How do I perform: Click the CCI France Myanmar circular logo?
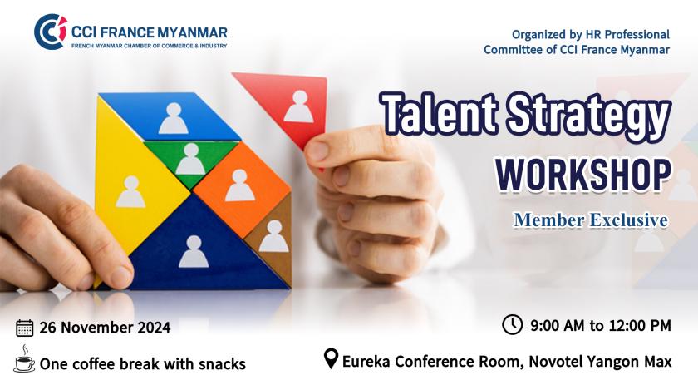coord(51,32)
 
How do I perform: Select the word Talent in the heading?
coord(440,112)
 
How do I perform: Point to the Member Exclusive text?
coord(591,220)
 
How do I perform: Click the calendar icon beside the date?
coord(24,328)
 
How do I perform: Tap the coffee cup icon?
coord(24,359)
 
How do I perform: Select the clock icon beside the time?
coord(512,324)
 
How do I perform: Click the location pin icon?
coord(331,358)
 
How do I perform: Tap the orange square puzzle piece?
coord(242,189)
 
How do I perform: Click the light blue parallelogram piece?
coord(170,116)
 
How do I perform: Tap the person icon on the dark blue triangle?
coord(194,251)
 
